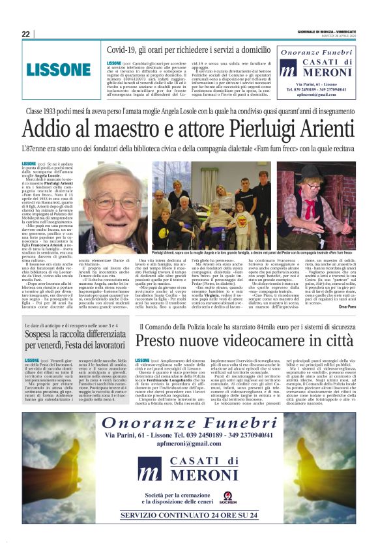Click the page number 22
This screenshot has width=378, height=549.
25,33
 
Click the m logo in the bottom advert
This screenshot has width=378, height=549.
149,469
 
